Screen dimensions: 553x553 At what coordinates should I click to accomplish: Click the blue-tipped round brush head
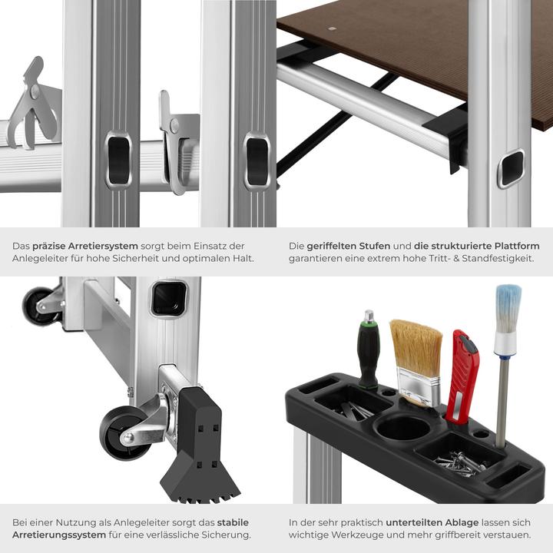pyautogui.click(x=508, y=308)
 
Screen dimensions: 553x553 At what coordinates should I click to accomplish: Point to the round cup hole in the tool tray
pyautogui.click(x=402, y=427)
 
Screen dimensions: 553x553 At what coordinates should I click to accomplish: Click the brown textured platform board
pyautogui.click(x=430, y=46)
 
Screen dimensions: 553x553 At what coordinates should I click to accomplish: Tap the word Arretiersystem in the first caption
pyautogui.click(x=104, y=246)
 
